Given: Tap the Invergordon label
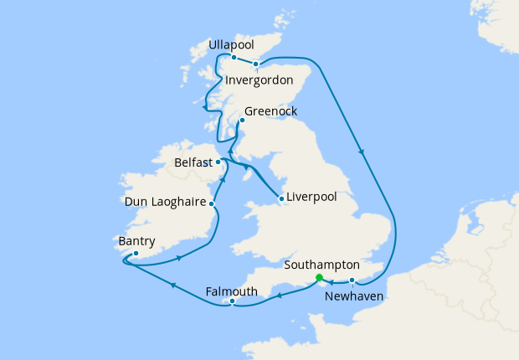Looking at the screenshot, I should point(259,80).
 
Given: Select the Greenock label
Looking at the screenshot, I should point(270,111).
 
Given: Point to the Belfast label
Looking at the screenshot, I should point(193,162).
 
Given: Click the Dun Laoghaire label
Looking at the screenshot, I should point(164,202).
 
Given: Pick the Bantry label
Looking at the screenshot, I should point(137,242).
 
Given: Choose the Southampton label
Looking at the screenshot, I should point(322,263).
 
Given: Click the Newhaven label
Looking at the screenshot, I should point(354,296).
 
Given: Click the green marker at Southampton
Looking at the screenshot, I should point(318,278).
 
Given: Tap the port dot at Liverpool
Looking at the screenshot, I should point(281,198).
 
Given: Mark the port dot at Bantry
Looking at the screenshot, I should point(136,253).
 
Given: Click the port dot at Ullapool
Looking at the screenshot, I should point(234,57).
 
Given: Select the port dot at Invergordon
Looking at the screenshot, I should point(256,63).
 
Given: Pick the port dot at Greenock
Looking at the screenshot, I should point(242,121).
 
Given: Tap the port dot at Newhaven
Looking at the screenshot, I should point(352,280).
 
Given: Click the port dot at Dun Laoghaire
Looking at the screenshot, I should point(212,203).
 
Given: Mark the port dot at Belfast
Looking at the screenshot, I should point(218,162).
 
